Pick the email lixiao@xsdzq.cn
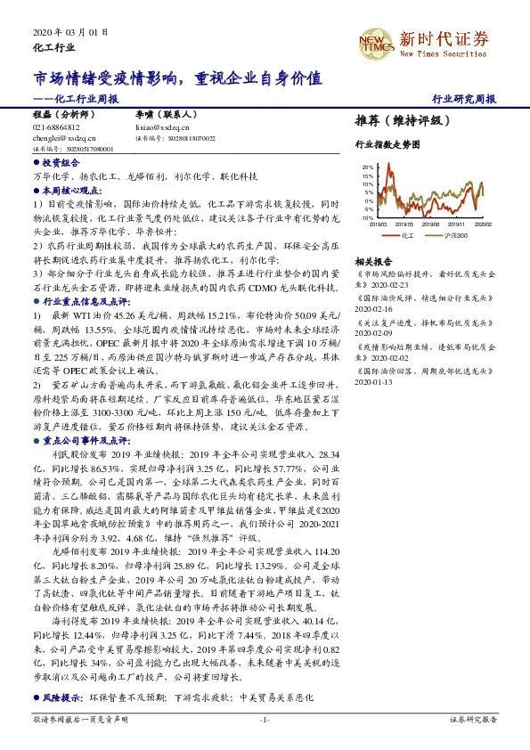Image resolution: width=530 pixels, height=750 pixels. tap(159, 127)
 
